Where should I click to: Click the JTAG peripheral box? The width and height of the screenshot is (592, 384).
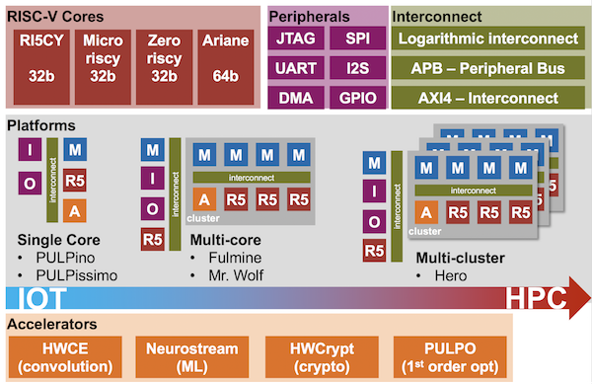(x=297, y=39)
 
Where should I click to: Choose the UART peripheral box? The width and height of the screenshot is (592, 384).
(x=297, y=69)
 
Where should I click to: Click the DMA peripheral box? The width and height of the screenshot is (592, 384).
(x=297, y=98)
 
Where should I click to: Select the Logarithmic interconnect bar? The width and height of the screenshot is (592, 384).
(x=488, y=39)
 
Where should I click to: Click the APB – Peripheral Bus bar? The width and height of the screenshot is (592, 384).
(x=488, y=69)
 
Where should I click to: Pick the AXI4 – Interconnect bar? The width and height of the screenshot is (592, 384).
(x=488, y=98)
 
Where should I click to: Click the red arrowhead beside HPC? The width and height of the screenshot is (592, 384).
(x=569, y=300)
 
